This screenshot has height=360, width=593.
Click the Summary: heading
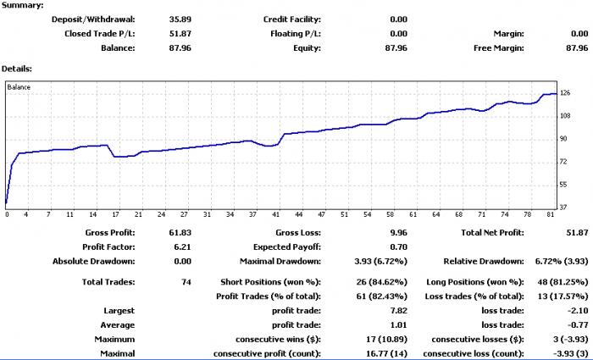point(22,5)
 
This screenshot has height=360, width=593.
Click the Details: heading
point(17,69)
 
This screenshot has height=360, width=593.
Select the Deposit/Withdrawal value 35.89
point(180,19)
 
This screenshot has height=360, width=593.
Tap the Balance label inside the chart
point(19,87)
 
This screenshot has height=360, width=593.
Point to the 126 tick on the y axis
point(565,93)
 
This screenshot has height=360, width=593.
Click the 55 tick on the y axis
point(563,185)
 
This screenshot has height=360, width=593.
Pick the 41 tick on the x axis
point(275,215)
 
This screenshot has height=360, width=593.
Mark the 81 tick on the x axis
point(551,215)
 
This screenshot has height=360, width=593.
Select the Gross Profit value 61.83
point(180,233)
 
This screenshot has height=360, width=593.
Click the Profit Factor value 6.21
point(183,247)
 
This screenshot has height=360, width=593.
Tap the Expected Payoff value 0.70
point(399,247)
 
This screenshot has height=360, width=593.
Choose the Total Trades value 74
point(186,282)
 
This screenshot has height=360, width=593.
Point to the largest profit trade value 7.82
point(399,311)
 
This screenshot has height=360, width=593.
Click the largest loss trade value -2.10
point(579,311)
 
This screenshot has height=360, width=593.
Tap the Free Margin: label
point(499,48)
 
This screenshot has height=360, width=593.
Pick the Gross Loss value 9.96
point(399,233)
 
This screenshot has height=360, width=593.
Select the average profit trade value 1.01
point(399,325)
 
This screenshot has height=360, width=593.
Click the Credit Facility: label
point(292,19)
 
